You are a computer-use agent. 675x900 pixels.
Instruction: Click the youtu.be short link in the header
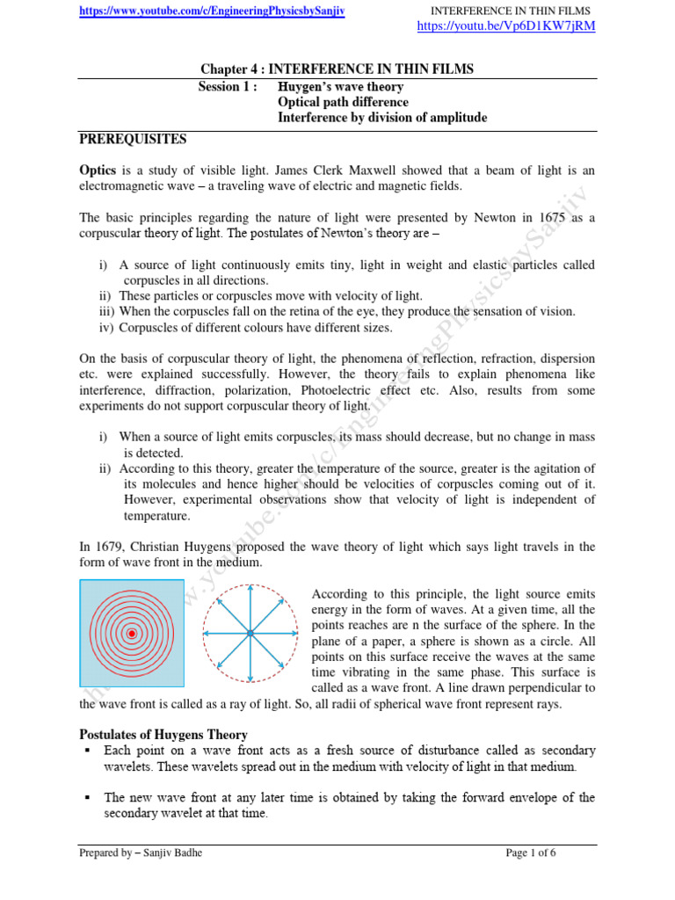coord(507,26)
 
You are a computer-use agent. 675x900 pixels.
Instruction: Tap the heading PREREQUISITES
coord(132,139)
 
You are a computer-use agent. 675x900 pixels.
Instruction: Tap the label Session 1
coord(229,86)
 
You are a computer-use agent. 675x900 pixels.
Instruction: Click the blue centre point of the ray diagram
coord(250,633)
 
